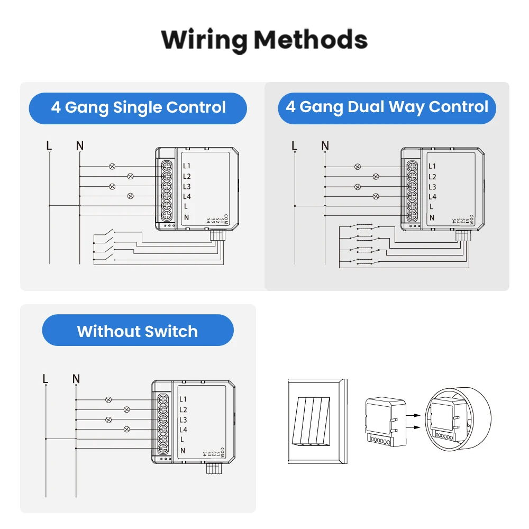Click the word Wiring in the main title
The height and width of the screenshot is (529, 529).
pos(204,40)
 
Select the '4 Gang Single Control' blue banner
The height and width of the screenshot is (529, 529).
pos(138,108)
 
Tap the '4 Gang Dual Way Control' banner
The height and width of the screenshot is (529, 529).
pos(387,108)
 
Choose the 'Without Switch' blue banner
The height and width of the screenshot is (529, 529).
pos(138,331)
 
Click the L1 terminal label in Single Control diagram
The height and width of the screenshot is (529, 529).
pos(187,166)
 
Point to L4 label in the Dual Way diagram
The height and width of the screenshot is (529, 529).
pos(432,197)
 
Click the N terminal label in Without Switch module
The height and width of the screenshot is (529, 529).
pos(183,450)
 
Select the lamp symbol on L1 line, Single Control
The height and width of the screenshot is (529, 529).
pos(112,166)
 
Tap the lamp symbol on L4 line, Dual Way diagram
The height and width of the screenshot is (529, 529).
pos(376,196)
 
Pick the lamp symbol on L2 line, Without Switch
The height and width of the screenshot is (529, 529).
pos(127,409)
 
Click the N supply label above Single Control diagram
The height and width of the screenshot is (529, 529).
pos(79,145)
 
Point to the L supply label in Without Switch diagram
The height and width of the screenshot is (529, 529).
pos(45,379)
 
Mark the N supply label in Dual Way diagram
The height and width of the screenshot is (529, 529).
pos(325,145)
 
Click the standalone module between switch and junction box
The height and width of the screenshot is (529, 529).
pos(385,421)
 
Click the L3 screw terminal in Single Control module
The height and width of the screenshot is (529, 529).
pos(166,186)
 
